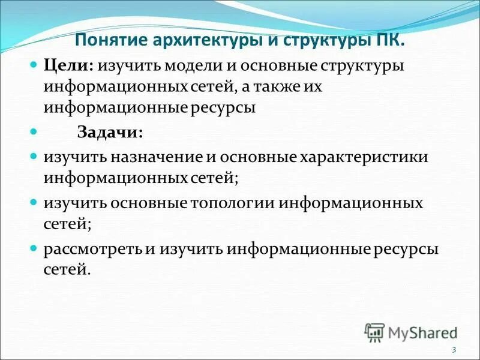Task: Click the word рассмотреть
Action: pyautogui.click(x=92, y=248)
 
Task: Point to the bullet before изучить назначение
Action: pyautogui.click(x=34, y=156)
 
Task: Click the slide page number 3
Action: pyautogui.click(x=454, y=350)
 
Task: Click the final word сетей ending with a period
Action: pyautogui.click(x=67, y=270)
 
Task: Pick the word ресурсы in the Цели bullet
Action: pyautogui.click(x=223, y=108)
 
